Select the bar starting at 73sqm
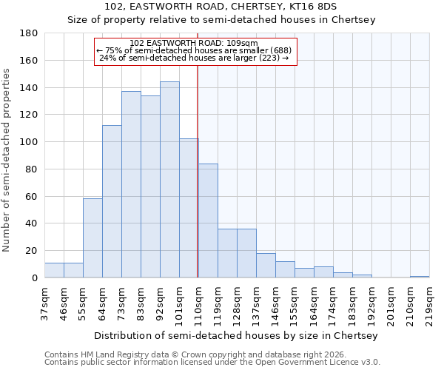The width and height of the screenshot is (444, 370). (x=131, y=184)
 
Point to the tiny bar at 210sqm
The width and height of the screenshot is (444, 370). (x=420, y=277)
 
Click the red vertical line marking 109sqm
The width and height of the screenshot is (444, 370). (x=198, y=170)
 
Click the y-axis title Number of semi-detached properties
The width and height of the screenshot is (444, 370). (x=7, y=159)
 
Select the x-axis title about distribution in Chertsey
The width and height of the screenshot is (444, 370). (x=236, y=335)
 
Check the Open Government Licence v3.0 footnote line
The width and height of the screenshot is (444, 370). (x=212, y=362)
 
